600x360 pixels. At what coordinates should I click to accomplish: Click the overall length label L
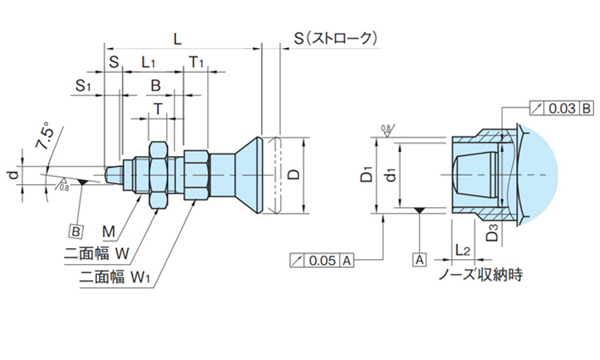point(178,38)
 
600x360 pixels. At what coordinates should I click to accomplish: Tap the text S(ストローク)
point(334,38)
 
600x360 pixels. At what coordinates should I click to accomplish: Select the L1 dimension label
point(150,62)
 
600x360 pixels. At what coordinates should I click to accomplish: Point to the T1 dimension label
point(196,62)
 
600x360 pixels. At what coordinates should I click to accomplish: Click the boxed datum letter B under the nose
point(77,230)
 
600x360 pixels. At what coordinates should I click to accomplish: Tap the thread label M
point(110,232)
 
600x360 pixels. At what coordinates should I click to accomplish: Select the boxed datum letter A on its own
point(418,259)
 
